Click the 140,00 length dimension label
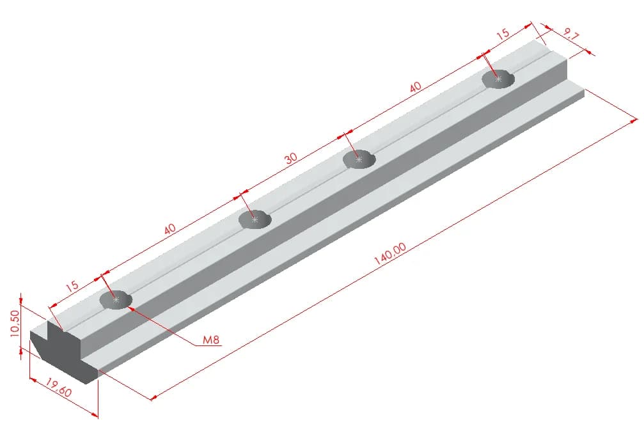click(x=389, y=253)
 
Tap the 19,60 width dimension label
click(x=58, y=388)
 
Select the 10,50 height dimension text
click(x=14, y=323)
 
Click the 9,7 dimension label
click(x=571, y=35)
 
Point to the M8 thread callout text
click(x=211, y=340)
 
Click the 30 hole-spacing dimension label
click(x=291, y=158)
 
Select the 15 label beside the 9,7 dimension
click(x=503, y=34)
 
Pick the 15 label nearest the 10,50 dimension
click(x=72, y=286)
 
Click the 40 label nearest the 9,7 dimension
click(x=415, y=87)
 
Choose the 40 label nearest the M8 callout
click(x=169, y=228)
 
